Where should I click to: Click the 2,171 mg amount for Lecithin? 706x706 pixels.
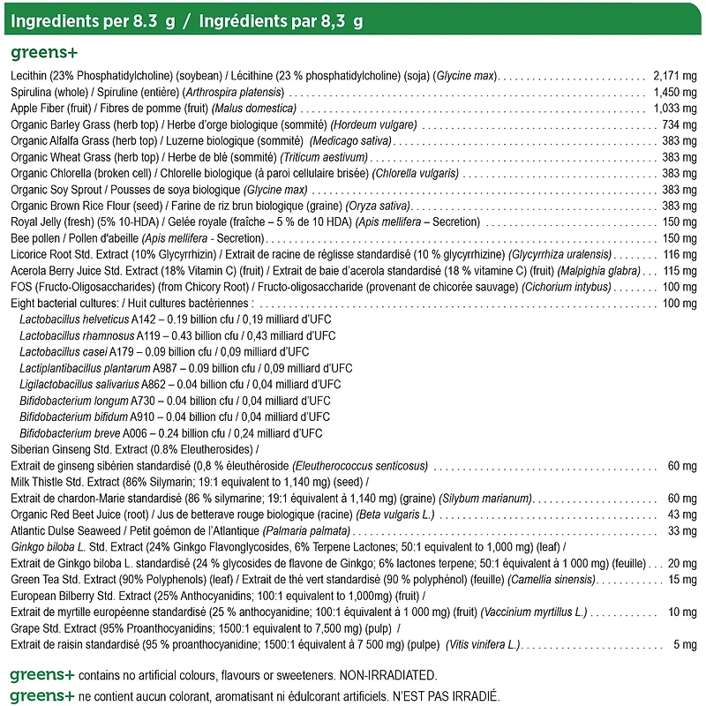point(675,75)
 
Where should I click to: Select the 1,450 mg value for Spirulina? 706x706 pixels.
point(675,91)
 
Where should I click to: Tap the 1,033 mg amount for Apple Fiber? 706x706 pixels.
point(675,108)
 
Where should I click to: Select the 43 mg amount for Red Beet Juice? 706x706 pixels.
point(682,514)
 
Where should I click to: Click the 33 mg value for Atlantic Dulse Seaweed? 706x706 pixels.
point(682,531)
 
